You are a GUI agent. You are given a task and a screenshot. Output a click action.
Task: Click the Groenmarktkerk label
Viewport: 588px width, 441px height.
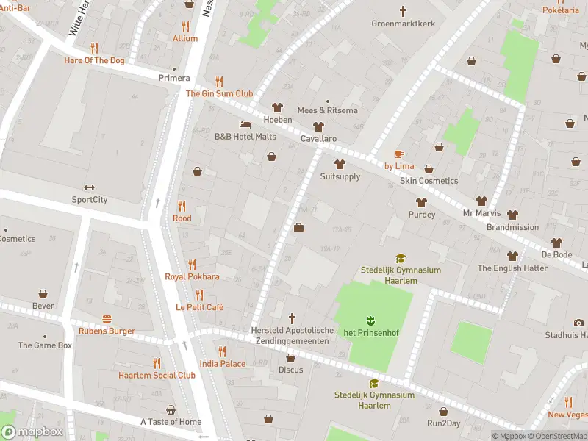coord(403,24)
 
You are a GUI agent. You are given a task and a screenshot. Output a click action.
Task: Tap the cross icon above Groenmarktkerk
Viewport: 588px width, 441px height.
coord(403,10)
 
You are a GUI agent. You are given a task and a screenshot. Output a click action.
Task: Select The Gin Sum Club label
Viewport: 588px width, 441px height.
coord(219,93)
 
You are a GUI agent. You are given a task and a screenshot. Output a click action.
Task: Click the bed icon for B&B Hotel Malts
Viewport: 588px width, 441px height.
coord(245,124)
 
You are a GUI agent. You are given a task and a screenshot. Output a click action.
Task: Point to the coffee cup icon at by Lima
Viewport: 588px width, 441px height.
coord(399,154)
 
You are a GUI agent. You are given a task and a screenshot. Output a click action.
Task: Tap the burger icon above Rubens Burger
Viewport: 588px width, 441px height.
coord(107,319)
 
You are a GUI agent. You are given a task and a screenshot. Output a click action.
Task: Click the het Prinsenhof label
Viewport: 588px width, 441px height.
coord(370,331)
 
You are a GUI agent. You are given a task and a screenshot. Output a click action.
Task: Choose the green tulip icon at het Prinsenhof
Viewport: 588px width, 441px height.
coord(370,319)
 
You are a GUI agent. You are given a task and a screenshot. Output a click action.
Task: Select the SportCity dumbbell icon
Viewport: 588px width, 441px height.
coord(90,187)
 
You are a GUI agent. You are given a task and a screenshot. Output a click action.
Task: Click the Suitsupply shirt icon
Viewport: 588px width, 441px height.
coord(340,164)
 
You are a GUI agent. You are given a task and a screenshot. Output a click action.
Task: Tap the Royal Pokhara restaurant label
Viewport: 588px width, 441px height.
coord(192,276)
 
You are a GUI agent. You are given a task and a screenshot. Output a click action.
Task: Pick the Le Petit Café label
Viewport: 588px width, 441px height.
coord(199,307)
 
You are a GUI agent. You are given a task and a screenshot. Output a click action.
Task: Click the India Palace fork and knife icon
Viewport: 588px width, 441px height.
coord(222,351)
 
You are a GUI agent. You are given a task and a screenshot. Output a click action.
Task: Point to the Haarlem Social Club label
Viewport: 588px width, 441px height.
coord(157,375)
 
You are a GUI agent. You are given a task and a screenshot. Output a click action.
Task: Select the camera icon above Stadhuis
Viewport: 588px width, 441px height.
coord(578,323)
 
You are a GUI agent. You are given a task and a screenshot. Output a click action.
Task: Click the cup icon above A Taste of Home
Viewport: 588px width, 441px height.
coord(171,409)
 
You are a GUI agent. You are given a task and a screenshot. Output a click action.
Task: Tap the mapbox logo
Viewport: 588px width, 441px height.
coord(32,432)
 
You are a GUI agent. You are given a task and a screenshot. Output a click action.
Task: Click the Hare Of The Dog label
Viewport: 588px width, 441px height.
coord(94,60)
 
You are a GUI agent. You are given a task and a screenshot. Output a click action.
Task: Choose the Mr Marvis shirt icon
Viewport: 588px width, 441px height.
coord(481,201)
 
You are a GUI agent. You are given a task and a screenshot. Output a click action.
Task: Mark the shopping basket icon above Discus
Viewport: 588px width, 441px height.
coord(290,358)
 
